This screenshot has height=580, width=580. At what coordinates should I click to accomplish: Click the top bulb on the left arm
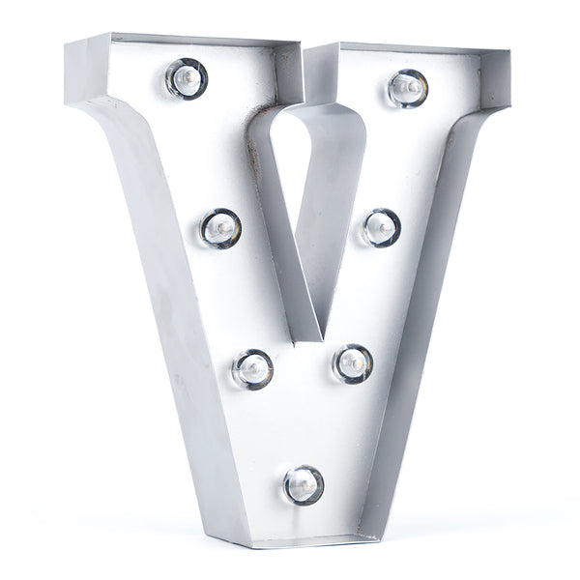tap(187, 78)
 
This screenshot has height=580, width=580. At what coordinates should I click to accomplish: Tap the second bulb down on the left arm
tap(220, 228)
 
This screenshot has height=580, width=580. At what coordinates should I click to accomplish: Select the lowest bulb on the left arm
tap(252, 368)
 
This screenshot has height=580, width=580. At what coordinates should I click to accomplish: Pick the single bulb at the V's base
tap(304, 484)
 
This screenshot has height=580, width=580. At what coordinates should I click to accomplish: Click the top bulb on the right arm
tap(408, 88)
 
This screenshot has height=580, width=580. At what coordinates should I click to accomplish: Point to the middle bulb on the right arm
tap(381, 228)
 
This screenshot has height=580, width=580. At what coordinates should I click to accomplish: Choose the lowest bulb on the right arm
tap(353, 363)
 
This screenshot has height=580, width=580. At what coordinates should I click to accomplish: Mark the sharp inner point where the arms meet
tap(321, 339)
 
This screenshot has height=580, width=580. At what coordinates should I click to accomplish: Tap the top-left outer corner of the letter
tap(66, 43)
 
